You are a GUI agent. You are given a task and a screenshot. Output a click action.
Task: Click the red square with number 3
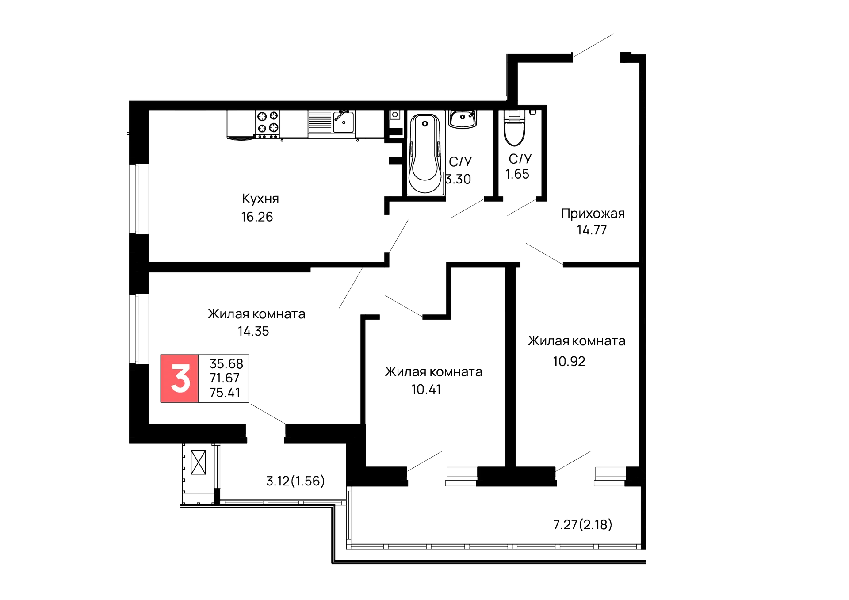[180, 378]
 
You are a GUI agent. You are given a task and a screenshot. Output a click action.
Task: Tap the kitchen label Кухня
[260, 199]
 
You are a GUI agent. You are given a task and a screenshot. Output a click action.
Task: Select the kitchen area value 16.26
[257, 217]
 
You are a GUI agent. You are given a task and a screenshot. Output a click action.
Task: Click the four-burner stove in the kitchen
[268, 122]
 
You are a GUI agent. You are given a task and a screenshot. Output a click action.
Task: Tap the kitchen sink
[343, 121]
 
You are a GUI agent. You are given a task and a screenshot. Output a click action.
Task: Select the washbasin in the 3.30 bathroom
[463, 119]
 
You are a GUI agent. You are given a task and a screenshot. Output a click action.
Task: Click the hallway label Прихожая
[593, 214]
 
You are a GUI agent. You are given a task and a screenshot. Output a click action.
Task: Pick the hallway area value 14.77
[592, 230]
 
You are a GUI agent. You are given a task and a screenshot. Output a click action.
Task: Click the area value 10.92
[569, 361]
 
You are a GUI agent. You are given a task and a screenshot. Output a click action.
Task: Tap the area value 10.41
[427, 390]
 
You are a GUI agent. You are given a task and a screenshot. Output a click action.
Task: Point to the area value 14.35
[253, 331]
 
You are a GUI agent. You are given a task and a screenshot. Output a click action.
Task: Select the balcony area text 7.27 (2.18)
[582, 525]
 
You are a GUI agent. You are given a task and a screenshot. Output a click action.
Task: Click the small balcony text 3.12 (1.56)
[295, 481]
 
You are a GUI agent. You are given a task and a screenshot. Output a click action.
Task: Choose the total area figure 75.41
[225, 392]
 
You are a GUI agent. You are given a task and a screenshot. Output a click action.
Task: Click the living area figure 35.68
[226, 364]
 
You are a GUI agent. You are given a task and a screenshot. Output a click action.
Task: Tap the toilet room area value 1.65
[517, 174]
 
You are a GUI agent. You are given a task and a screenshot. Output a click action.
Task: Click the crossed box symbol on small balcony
[198, 462]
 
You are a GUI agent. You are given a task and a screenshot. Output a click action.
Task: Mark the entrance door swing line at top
[593, 45]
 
